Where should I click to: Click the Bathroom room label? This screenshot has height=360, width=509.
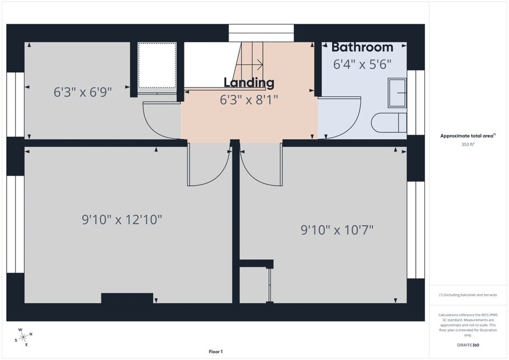click(362, 47)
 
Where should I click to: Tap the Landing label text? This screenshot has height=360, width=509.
click(249, 83)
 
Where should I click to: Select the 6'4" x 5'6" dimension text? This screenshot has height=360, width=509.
click(362, 64)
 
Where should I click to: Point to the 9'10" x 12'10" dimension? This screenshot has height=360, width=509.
click(122, 220)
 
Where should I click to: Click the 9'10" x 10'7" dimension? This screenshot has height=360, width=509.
click(337, 230)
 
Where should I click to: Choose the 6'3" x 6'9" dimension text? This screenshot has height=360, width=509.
click(83, 92)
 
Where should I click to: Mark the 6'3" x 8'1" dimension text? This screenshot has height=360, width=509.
click(249, 100)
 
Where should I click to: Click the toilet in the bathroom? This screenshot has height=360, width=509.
click(389, 123)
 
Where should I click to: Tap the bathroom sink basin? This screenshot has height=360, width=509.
click(397, 93)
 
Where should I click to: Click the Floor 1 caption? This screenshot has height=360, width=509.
click(216, 352)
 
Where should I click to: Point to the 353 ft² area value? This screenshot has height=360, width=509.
click(468, 144)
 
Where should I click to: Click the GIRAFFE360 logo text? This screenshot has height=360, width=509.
click(468, 345)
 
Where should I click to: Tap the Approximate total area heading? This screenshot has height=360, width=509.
click(468, 136)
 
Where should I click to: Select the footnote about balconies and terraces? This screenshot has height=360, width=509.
click(468, 295)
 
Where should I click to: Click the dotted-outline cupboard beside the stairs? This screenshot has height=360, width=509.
click(157, 65)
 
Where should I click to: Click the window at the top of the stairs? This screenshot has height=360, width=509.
click(261, 33)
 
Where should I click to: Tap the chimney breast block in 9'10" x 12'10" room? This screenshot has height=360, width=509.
click(127, 298)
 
